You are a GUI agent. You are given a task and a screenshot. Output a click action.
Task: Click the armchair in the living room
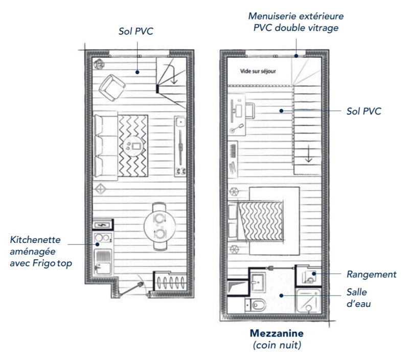(x=112, y=87)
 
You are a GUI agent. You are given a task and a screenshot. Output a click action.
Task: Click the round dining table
(x=159, y=227)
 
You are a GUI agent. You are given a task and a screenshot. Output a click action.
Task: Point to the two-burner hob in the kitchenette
(x=103, y=238)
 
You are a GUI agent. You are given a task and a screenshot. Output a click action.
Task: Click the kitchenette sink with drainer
(x=103, y=262)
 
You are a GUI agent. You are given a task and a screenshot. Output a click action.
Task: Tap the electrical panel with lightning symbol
(x=103, y=224)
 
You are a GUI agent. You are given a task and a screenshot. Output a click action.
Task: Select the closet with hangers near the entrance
(x=170, y=281)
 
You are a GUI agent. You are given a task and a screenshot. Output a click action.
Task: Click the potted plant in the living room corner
(x=99, y=64)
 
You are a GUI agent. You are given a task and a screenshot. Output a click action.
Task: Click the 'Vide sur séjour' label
(x=258, y=71)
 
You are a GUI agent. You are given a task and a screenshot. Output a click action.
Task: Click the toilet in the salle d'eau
(x=256, y=304)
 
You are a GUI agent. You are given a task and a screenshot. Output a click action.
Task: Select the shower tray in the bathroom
(x=308, y=301)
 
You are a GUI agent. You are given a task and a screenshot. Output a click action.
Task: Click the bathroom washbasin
(x=258, y=281)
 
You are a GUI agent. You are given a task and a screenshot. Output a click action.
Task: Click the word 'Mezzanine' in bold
(x=277, y=333)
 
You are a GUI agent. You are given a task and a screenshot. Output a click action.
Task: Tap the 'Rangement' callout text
(x=371, y=275)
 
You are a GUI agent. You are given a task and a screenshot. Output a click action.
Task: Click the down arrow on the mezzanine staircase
(x=309, y=153)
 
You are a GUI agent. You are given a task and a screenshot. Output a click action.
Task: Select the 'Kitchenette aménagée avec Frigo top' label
(x=41, y=252)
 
